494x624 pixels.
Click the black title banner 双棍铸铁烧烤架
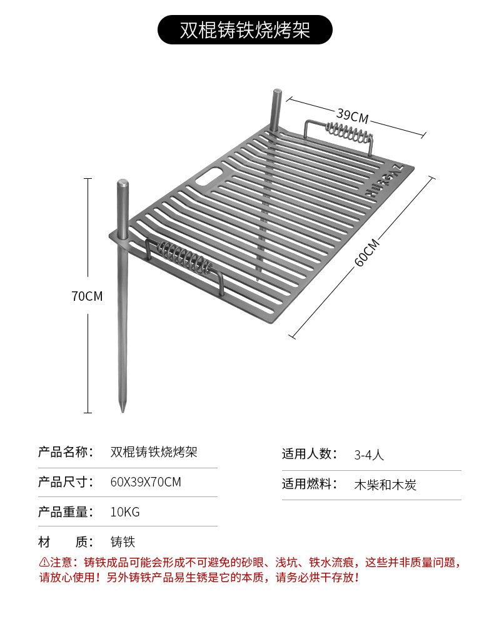pyautogui.click(x=244, y=30)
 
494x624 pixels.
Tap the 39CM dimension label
pyautogui.click(x=352, y=115)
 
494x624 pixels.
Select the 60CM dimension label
pyautogui.click(x=366, y=252)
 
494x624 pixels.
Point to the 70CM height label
pyautogui.click(x=87, y=296)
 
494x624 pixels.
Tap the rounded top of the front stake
pyautogui.click(x=123, y=184)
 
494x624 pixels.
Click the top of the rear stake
pyautogui.click(x=276, y=94)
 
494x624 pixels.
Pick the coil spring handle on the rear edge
pyautogui.click(x=348, y=133)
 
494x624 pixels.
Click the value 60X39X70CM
pyautogui.click(x=145, y=482)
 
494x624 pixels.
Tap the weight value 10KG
pyautogui.click(x=125, y=512)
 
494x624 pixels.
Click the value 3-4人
pyautogui.click(x=369, y=455)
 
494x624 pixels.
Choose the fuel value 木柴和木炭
pyautogui.click(x=385, y=485)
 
